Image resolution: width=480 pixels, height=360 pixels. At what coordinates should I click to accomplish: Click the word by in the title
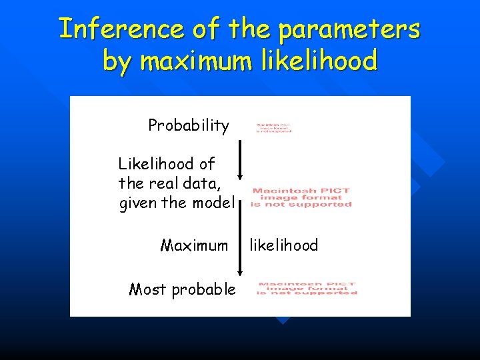click(x=117, y=61)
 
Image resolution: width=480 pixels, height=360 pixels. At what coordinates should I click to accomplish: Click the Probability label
click(x=189, y=125)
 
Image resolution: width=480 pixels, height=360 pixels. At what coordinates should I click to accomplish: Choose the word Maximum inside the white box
click(x=194, y=245)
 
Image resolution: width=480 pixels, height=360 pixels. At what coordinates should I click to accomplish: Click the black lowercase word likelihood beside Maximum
click(x=284, y=245)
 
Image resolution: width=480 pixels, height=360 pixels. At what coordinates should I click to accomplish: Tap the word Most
click(x=147, y=289)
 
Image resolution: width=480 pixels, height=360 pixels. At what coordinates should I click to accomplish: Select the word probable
click(x=203, y=289)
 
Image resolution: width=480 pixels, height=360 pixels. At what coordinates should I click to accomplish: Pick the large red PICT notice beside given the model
click(x=301, y=197)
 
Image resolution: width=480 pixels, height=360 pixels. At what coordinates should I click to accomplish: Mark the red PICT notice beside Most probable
click(x=307, y=288)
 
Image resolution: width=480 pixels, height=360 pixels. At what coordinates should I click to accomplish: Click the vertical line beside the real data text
click(x=241, y=180)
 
